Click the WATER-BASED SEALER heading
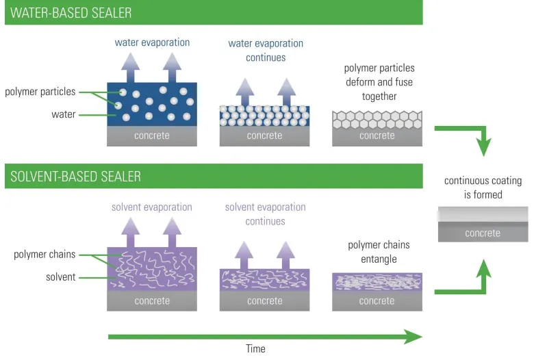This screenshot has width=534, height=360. pos(72,13)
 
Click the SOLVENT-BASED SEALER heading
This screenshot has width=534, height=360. pos(76,177)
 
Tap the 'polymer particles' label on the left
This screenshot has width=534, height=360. pos(40,92)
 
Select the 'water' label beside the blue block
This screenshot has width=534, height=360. pos(64,114)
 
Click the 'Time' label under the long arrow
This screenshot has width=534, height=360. pos(255,348)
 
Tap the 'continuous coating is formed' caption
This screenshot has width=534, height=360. pos(483,188)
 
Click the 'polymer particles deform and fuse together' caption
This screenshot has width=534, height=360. pos(379,82)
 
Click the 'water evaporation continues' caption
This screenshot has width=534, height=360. pos(266,50)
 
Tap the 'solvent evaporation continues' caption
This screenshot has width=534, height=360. pos(265,214)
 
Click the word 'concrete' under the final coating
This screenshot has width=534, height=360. pos(483,233)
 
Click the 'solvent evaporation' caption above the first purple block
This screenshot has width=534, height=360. pos(152,207)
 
